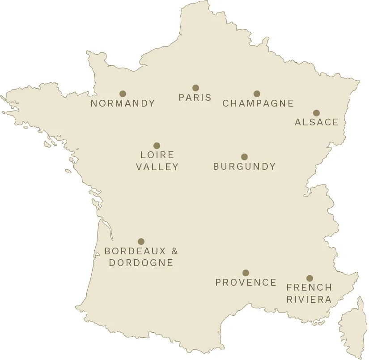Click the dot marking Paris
click(195, 88)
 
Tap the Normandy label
click(123, 103)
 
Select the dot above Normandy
click(123, 94)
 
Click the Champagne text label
click(258, 103)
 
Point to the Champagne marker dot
click(257, 94)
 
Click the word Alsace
click(317, 122)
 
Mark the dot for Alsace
click(316, 113)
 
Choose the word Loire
click(157, 155)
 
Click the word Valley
click(157, 167)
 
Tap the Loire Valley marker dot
click(157, 146)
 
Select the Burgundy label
click(244, 167)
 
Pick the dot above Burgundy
click(244, 157)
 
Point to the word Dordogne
click(141, 263)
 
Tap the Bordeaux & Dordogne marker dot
click(141, 242)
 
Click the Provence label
click(246, 283)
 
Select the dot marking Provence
click(246, 273)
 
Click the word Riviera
click(310, 300)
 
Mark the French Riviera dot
click(310, 278)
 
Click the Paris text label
click(195, 98)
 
